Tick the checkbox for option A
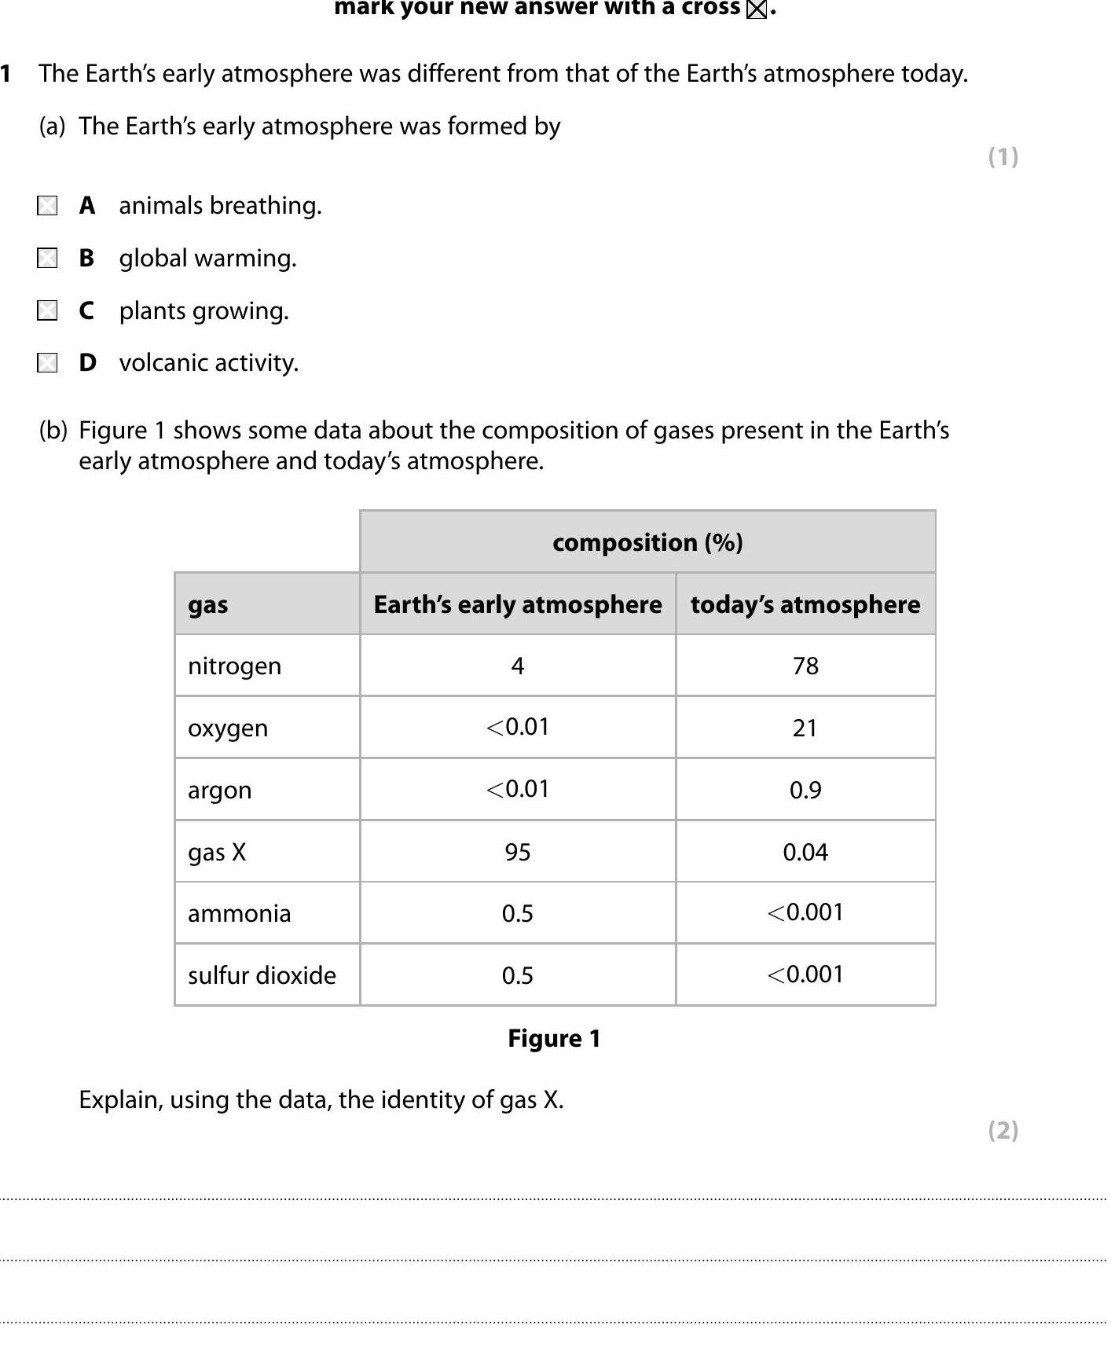tap(47, 206)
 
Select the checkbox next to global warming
tap(47, 258)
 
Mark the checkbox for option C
tap(47, 310)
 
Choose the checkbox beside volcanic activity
tap(47, 362)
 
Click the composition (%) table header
tap(647, 542)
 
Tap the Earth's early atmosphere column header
tap(517, 604)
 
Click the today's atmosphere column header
tap(805, 604)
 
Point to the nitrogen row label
tap(234, 666)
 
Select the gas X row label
tap(217, 852)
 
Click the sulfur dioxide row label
tap(262, 975)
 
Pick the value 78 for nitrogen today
tap(805, 666)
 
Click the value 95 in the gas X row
tap(518, 852)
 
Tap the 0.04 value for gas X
tap(805, 852)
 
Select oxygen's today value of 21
tap(805, 728)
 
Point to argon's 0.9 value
tap(805, 790)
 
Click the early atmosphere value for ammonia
tap(518, 913)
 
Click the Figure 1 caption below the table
tap(554, 1038)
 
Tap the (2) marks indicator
tap(1003, 1130)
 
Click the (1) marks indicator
tap(1003, 156)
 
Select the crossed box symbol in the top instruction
tap(756, 9)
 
